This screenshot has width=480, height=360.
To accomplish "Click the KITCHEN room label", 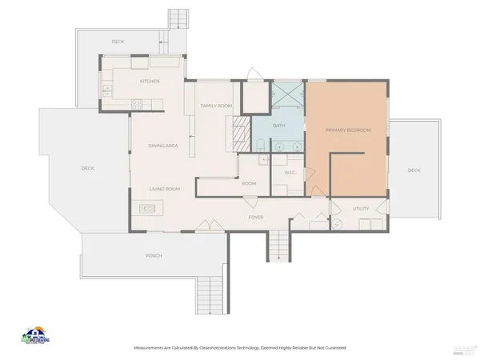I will (x=150, y=82).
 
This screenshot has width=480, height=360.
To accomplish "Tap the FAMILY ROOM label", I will (x=215, y=106).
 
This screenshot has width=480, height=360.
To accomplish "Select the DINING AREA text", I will (x=162, y=146).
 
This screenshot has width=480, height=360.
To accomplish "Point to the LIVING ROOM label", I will (x=165, y=189).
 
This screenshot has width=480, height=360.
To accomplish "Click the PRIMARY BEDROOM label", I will (x=347, y=130).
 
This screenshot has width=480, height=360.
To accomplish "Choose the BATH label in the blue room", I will (x=278, y=126).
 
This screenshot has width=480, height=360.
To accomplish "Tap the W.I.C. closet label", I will (x=290, y=172).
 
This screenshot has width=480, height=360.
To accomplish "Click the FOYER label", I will (x=255, y=217).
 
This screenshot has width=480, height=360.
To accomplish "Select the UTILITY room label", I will (x=361, y=209).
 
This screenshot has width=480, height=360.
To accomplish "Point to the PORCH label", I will (x=154, y=255).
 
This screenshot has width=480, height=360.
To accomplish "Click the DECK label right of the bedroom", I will (x=414, y=170).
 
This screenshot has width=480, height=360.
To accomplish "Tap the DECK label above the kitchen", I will (x=118, y=42).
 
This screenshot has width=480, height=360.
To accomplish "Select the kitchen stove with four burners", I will (x=137, y=102).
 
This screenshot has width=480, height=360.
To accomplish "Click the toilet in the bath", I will (x=262, y=144).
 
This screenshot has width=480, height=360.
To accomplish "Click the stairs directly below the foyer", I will (x=277, y=244).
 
